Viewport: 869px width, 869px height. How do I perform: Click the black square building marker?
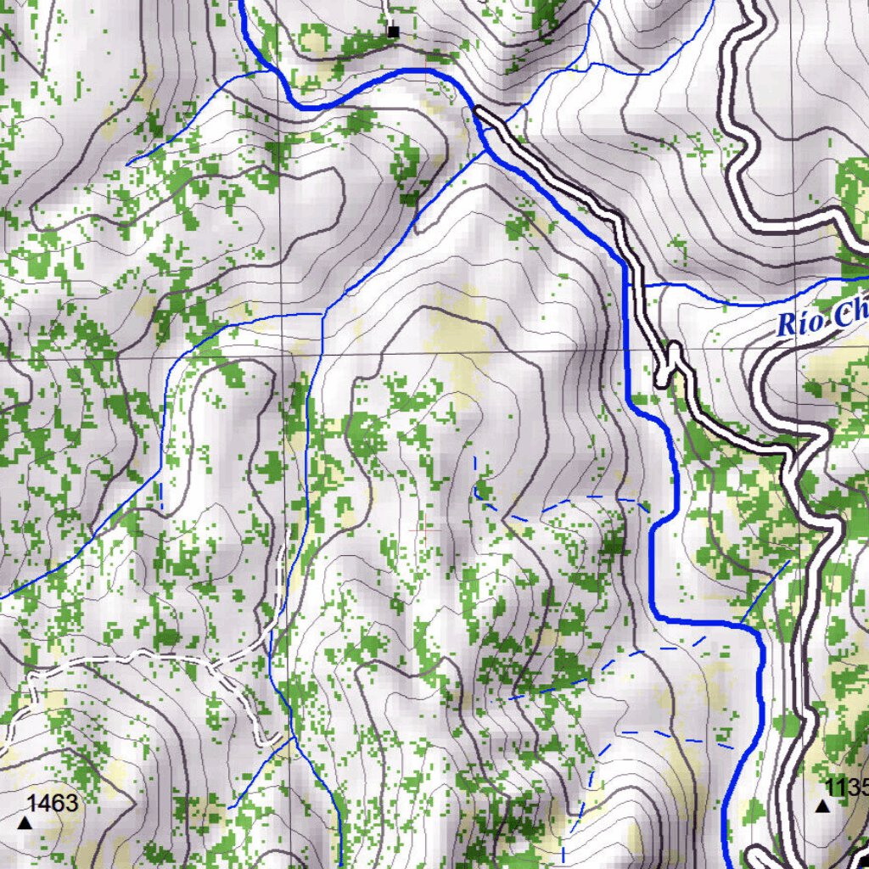pyautogui.click(x=392, y=32)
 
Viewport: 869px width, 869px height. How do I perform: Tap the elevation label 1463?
pyautogui.click(x=53, y=803)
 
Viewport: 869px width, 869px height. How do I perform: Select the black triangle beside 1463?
pyautogui.click(x=25, y=822)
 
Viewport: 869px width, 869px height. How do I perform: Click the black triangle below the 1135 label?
pyautogui.click(x=822, y=805)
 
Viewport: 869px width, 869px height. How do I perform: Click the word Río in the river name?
pyautogui.click(x=799, y=323)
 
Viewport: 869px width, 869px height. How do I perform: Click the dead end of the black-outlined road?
pyautogui.click(x=479, y=110)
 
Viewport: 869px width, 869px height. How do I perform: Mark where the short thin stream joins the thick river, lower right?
pyautogui.click(x=740, y=624)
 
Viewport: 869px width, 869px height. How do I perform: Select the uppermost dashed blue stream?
pyautogui.click(x=560, y=505)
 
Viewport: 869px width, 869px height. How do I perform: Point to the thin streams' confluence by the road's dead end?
pyautogui.click(x=485, y=150)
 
